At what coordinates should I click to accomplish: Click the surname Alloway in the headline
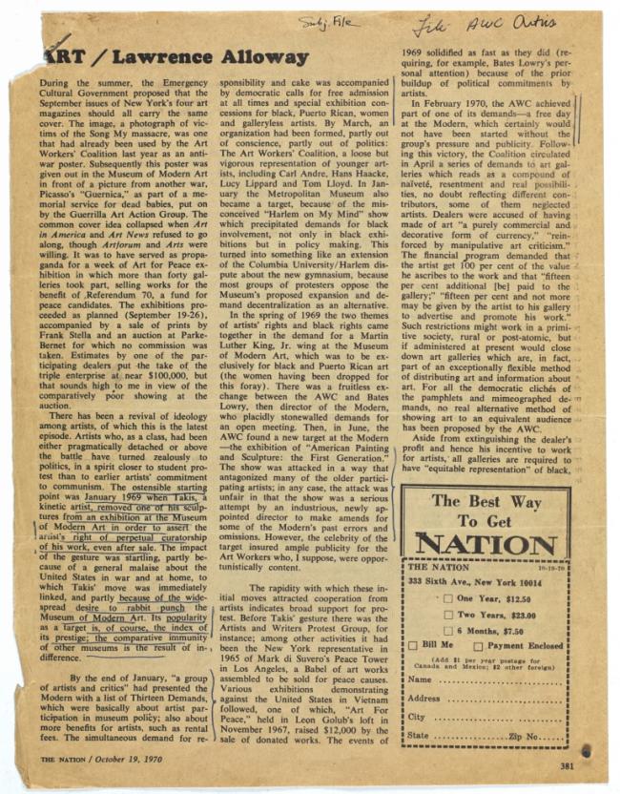pyautogui.click(x=251, y=56)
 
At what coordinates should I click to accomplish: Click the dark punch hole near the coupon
pyautogui.click(x=585, y=750)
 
